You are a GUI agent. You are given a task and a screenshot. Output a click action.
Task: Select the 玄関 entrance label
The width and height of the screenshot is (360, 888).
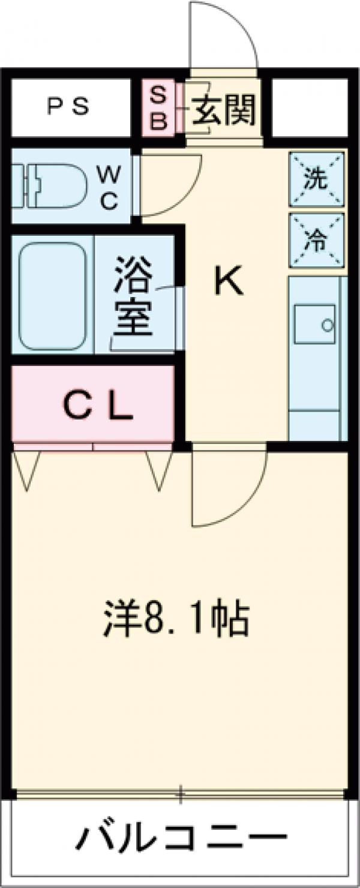[224, 109]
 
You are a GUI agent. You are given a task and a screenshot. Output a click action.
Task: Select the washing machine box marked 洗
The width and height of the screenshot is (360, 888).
[316, 178]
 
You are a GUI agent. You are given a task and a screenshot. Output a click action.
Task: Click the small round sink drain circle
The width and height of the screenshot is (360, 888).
[327, 325]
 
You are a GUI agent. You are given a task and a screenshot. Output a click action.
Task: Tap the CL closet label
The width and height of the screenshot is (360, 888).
[98, 409]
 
